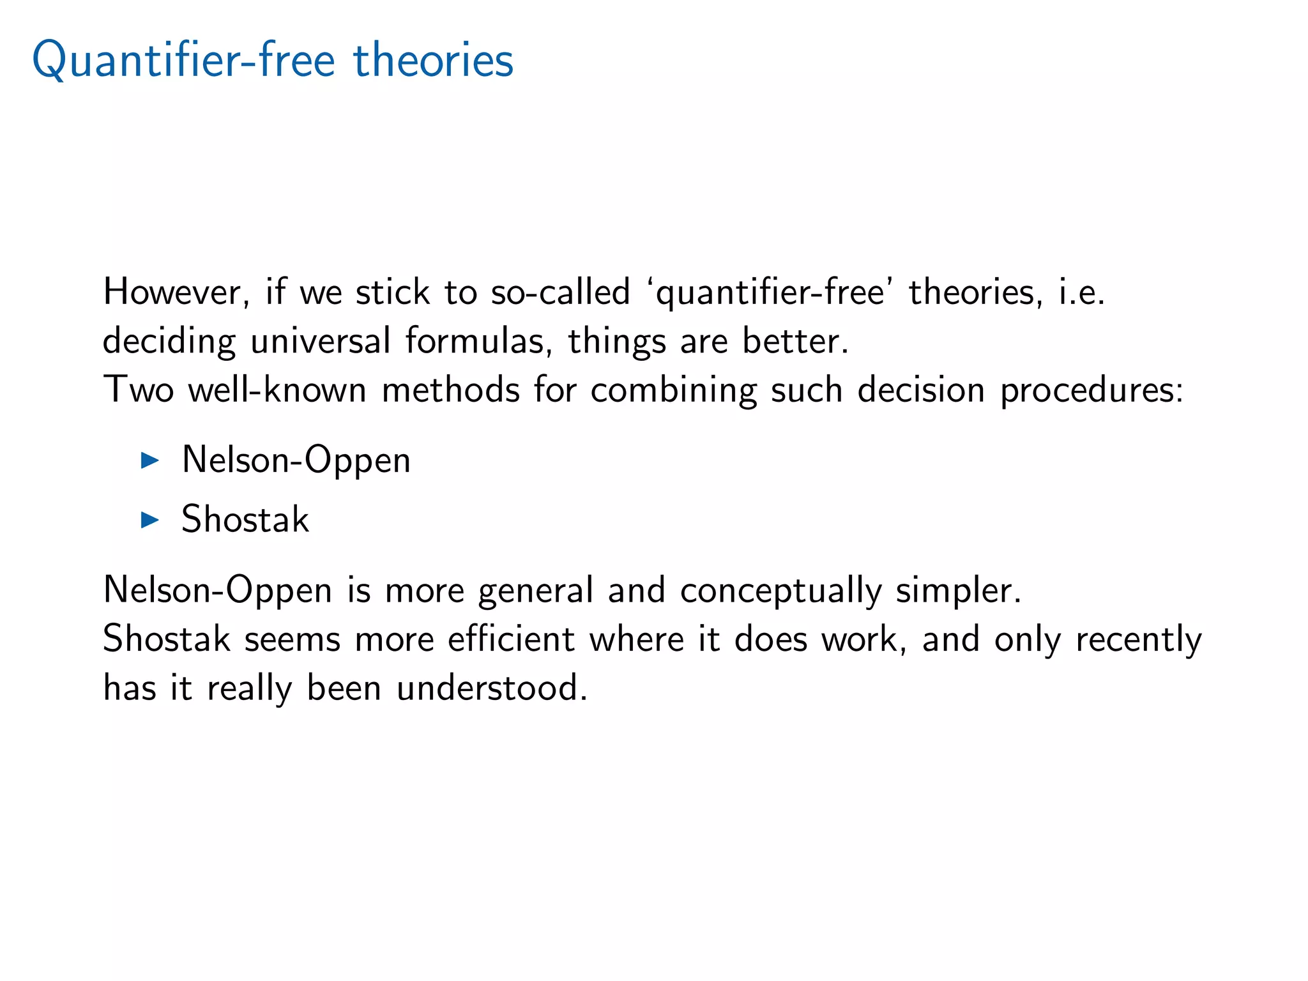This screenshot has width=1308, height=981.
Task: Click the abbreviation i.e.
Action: (x=1081, y=292)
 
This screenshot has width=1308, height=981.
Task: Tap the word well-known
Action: (x=277, y=390)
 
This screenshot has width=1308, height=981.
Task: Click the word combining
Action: (x=673, y=390)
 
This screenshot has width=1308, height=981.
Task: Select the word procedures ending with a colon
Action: (x=1091, y=390)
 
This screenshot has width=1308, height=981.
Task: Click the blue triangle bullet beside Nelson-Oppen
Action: (x=149, y=460)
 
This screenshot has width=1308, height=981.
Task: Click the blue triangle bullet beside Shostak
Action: (x=149, y=519)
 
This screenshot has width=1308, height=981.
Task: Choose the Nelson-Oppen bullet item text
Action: (x=296, y=460)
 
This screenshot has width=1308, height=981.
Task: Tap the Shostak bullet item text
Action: (x=245, y=519)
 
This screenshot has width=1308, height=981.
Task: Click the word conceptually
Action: (x=780, y=589)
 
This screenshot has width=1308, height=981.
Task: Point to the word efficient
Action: (x=511, y=639)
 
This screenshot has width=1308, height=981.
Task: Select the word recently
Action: (x=1138, y=639)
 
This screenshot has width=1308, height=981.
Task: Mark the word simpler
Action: (x=958, y=589)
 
